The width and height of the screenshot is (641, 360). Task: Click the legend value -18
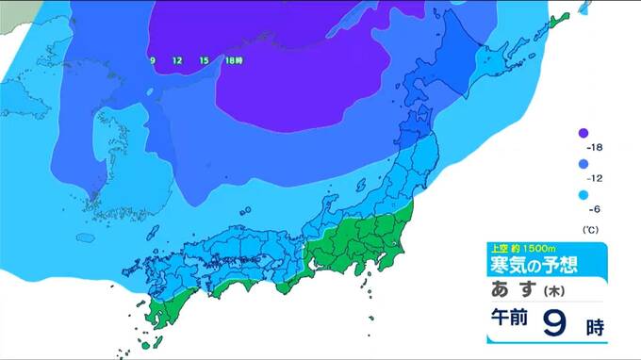(595, 148)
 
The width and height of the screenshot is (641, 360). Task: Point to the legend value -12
(595, 178)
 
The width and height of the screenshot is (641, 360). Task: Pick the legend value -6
(595, 209)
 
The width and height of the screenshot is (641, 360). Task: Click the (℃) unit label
(591, 229)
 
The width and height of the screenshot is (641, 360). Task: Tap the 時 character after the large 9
(594, 327)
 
